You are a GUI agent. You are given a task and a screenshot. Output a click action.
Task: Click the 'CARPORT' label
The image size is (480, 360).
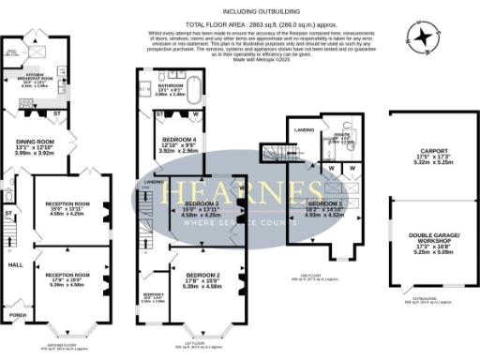[433, 149]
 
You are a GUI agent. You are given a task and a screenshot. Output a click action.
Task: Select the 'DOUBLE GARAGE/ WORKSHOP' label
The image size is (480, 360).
[433, 240]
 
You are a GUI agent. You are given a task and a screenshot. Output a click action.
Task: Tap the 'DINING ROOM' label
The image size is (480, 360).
[33, 142]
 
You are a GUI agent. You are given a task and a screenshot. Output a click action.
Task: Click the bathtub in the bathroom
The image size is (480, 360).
[193, 92]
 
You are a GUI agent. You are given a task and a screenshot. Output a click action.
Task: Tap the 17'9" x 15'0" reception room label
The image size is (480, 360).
[68, 275]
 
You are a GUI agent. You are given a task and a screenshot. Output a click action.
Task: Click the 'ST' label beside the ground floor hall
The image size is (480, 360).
[8, 214]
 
